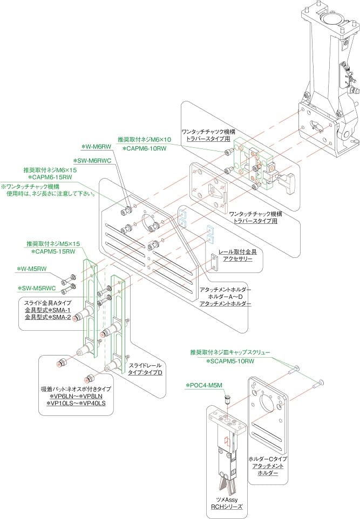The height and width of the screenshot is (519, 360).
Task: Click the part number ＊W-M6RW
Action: [96, 146]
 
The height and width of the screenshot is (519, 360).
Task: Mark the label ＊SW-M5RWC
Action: [38, 288]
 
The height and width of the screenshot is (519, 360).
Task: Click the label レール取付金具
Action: [237, 251]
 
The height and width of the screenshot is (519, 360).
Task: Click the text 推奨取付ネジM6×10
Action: [144, 139]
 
